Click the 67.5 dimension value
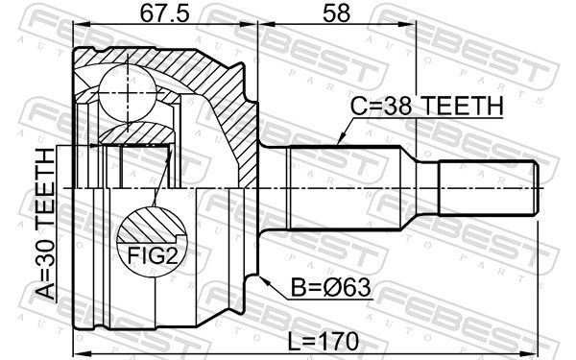click(165, 13)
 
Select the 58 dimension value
click(336, 13)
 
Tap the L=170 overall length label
click(323, 342)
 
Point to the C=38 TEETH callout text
click(426, 106)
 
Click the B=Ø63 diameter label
click(331, 287)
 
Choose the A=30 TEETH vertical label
click(45, 224)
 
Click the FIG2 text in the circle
click(153, 255)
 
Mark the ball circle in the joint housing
click(128, 93)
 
